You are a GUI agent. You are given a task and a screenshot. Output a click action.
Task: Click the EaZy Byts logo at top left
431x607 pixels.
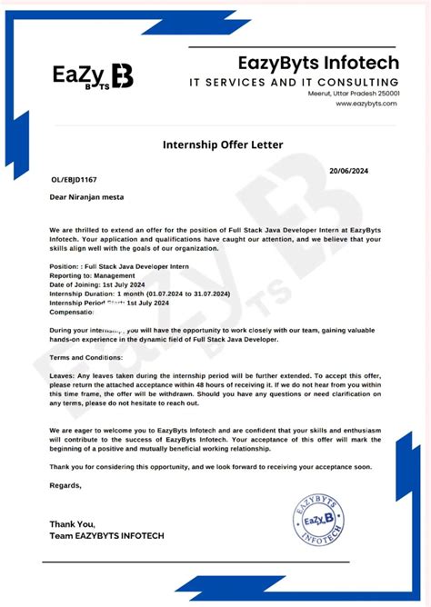93,75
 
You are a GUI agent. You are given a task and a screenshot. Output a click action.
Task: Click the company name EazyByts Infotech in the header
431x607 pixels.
318,63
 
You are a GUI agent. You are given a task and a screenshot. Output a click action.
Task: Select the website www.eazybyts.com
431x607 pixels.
366,104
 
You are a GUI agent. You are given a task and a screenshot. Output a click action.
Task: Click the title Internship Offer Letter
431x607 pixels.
223,144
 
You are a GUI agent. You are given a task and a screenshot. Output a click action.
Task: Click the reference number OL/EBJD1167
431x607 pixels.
74,180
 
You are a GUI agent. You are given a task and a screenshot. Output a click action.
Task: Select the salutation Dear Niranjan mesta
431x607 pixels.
87,196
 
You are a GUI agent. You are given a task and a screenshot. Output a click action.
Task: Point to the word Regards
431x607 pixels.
65,485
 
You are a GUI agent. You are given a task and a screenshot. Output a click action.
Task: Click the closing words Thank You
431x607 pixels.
71,524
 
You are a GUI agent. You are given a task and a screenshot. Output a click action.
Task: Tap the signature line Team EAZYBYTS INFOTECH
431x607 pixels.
106,536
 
